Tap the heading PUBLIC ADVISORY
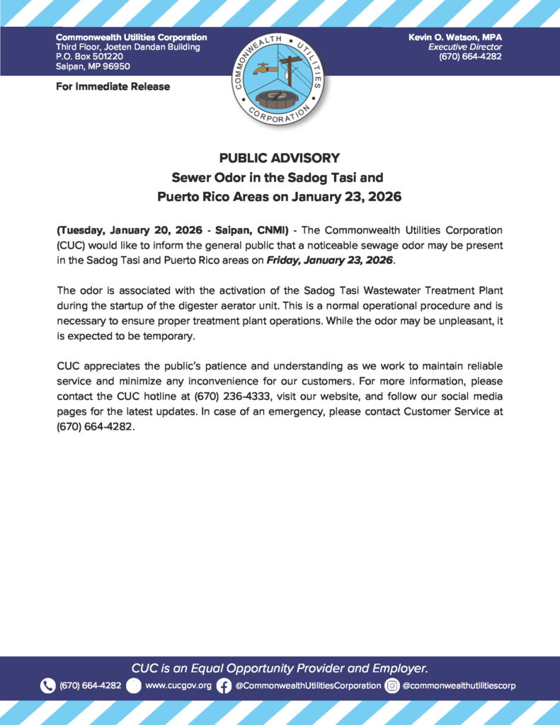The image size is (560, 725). click(280, 158)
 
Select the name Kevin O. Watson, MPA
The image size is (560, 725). click(455, 37)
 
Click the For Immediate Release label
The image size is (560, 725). click(113, 86)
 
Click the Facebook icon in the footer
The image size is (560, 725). click(224, 685)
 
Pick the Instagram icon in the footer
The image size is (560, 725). click(392, 685)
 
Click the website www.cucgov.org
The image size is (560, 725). click(178, 685)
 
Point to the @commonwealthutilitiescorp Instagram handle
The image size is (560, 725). click(459, 685)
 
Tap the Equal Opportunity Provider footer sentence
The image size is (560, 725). click(280, 668)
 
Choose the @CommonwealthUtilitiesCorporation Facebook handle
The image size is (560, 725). click(308, 685)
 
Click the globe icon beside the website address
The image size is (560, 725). click(135, 685)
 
